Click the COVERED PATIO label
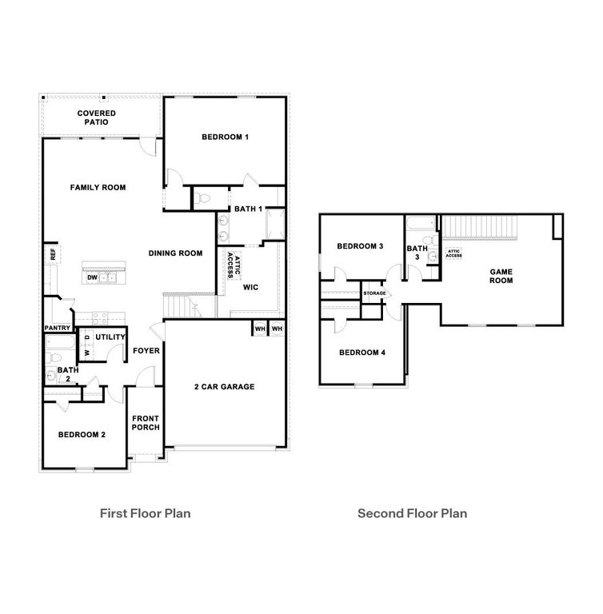coord(97,118)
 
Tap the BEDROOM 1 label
coord(226,138)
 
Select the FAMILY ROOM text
coord(98,188)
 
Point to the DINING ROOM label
coord(175,253)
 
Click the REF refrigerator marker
coord(53,255)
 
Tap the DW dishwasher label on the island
coord(92,277)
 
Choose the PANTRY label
coord(57,328)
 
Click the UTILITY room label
coord(110,337)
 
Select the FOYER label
coord(146,350)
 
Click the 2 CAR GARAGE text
coord(224,387)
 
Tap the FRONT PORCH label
coord(146,422)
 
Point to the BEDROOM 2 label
coord(82,434)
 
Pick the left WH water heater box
coord(260,329)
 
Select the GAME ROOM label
coord(501,276)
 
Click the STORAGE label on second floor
coord(375,293)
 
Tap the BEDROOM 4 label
coord(362,353)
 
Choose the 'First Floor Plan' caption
coord(145,513)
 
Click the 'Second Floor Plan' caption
coord(412,513)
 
